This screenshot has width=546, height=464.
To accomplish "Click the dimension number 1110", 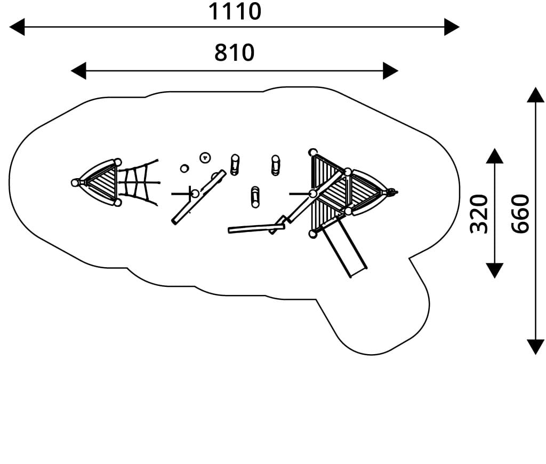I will click(x=235, y=11).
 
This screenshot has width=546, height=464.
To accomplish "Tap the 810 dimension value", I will click(x=235, y=53).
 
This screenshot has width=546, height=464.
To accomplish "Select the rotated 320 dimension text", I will click(x=480, y=213).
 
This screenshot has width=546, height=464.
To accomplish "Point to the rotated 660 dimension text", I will click(x=520, y=213).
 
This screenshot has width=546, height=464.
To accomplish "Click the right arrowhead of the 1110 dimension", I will click(x=452, y=27).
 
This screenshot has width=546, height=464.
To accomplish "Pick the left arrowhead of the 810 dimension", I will click(x=78, y=70).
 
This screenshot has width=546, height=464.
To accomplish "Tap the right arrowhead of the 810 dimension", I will click(x=390, y=70).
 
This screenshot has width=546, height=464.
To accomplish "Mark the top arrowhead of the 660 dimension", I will click(x=535, y=95).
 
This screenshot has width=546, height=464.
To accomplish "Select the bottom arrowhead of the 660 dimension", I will click(x=535, y=347).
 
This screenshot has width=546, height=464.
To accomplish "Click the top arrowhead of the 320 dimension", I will click(x=495, y=156).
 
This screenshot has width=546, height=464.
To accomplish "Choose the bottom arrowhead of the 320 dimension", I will click(x=495, y=270).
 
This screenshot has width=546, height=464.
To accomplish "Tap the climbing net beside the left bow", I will click(x=140, y=182).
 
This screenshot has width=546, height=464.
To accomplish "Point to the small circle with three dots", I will click(x=205, y=157).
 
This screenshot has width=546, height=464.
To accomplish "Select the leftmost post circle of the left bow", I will click(x=75, y=182).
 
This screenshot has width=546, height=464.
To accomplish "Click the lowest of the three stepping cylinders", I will click(x=255, y=196).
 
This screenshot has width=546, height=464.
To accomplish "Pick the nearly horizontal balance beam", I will click(x=256, y=228).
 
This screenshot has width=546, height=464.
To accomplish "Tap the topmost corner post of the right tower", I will click(x=313, y=153).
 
